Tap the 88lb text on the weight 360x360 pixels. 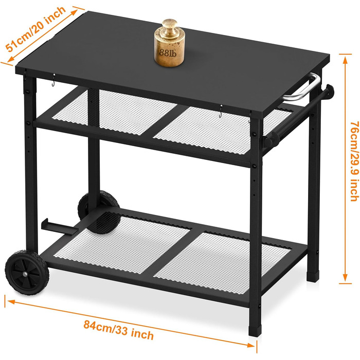point(168,53)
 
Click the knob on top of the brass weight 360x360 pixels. point(170,26)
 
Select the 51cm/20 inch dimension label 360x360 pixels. point(35,29)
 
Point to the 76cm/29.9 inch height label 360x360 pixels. point(354,161)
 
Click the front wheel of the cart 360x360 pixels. point(27,273)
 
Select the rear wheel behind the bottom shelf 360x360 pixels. point(99,212)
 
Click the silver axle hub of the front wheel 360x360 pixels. point(25,274)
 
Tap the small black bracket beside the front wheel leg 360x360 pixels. point(59,227)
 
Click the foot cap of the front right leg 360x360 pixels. point(255,330)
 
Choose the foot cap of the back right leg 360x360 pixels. point(313,277)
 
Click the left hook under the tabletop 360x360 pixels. point(53,80)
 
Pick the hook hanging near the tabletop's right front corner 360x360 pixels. point(221,111)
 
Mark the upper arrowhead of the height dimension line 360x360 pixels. point(345,60)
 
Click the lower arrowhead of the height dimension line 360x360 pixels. point(345,278)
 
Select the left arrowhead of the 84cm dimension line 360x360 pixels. point(11,301)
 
